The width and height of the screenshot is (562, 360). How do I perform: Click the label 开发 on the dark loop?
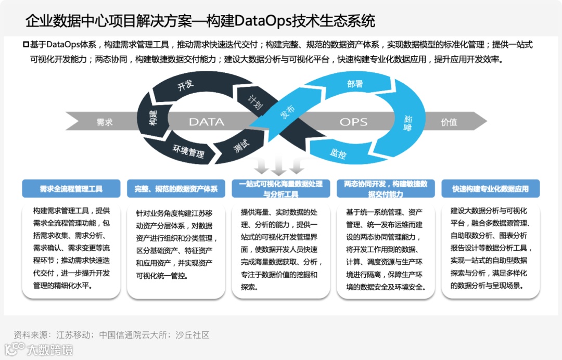point(185,86)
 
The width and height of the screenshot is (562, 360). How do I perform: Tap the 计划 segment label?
point(255,100)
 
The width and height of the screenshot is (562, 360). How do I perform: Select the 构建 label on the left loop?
point(152,118)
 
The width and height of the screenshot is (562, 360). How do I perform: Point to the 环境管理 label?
point(188,152)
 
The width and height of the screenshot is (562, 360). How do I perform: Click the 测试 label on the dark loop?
point(240,147)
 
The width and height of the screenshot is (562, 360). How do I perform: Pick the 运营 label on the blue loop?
point(407,125)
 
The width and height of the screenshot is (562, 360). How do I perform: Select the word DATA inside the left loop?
point(206,122)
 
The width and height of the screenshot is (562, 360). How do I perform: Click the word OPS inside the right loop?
point(353,122)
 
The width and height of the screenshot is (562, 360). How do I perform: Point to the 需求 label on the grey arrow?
point(105,122)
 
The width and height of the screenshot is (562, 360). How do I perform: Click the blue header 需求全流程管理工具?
point(71,189)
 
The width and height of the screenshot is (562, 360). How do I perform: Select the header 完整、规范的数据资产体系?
point(176,189)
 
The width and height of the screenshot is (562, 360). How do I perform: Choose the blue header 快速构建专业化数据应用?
point(490,189)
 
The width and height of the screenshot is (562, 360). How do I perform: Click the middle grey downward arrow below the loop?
point(279,166)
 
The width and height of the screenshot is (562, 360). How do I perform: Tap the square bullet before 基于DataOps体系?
point(26,45)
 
